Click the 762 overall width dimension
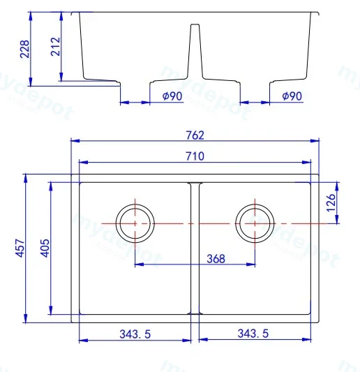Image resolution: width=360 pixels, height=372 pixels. tap(195, 135)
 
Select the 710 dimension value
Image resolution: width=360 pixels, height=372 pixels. tap(195, 156)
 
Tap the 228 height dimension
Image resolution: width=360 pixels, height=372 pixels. tap(24, 49)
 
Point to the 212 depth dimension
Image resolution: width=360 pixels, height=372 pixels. tap(56, 47)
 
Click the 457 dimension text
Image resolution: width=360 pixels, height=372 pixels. tap(20, 248)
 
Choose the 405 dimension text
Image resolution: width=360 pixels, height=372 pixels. tap(45, 248)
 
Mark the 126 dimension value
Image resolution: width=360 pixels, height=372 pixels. tap(331, 203)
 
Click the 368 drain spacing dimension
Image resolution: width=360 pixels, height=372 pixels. tap(216, 259)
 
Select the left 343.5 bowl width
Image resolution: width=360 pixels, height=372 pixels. tap(135, 334)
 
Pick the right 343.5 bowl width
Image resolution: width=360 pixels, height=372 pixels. tap(253, 334)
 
